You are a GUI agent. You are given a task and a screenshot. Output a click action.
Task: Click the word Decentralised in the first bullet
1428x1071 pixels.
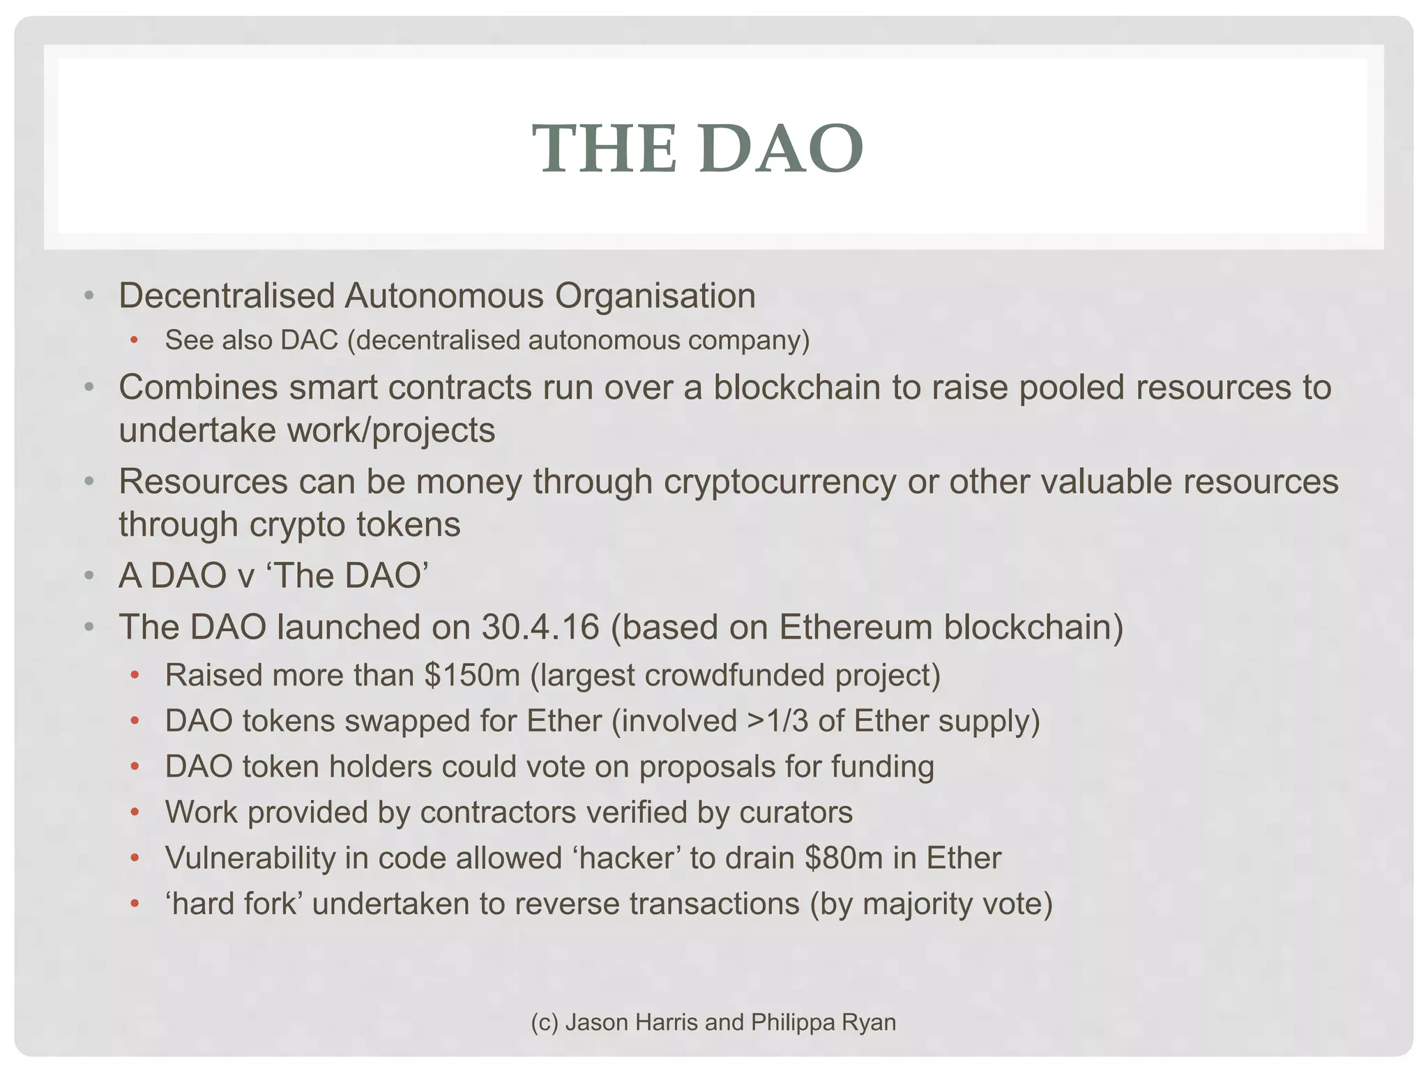click(227, 296)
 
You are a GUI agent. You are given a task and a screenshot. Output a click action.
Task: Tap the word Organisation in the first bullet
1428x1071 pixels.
click(655, 296)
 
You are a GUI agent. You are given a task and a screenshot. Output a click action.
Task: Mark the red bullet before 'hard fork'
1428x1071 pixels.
click(135, 904)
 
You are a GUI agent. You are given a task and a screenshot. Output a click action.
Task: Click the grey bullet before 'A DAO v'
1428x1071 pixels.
click(89, 576)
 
